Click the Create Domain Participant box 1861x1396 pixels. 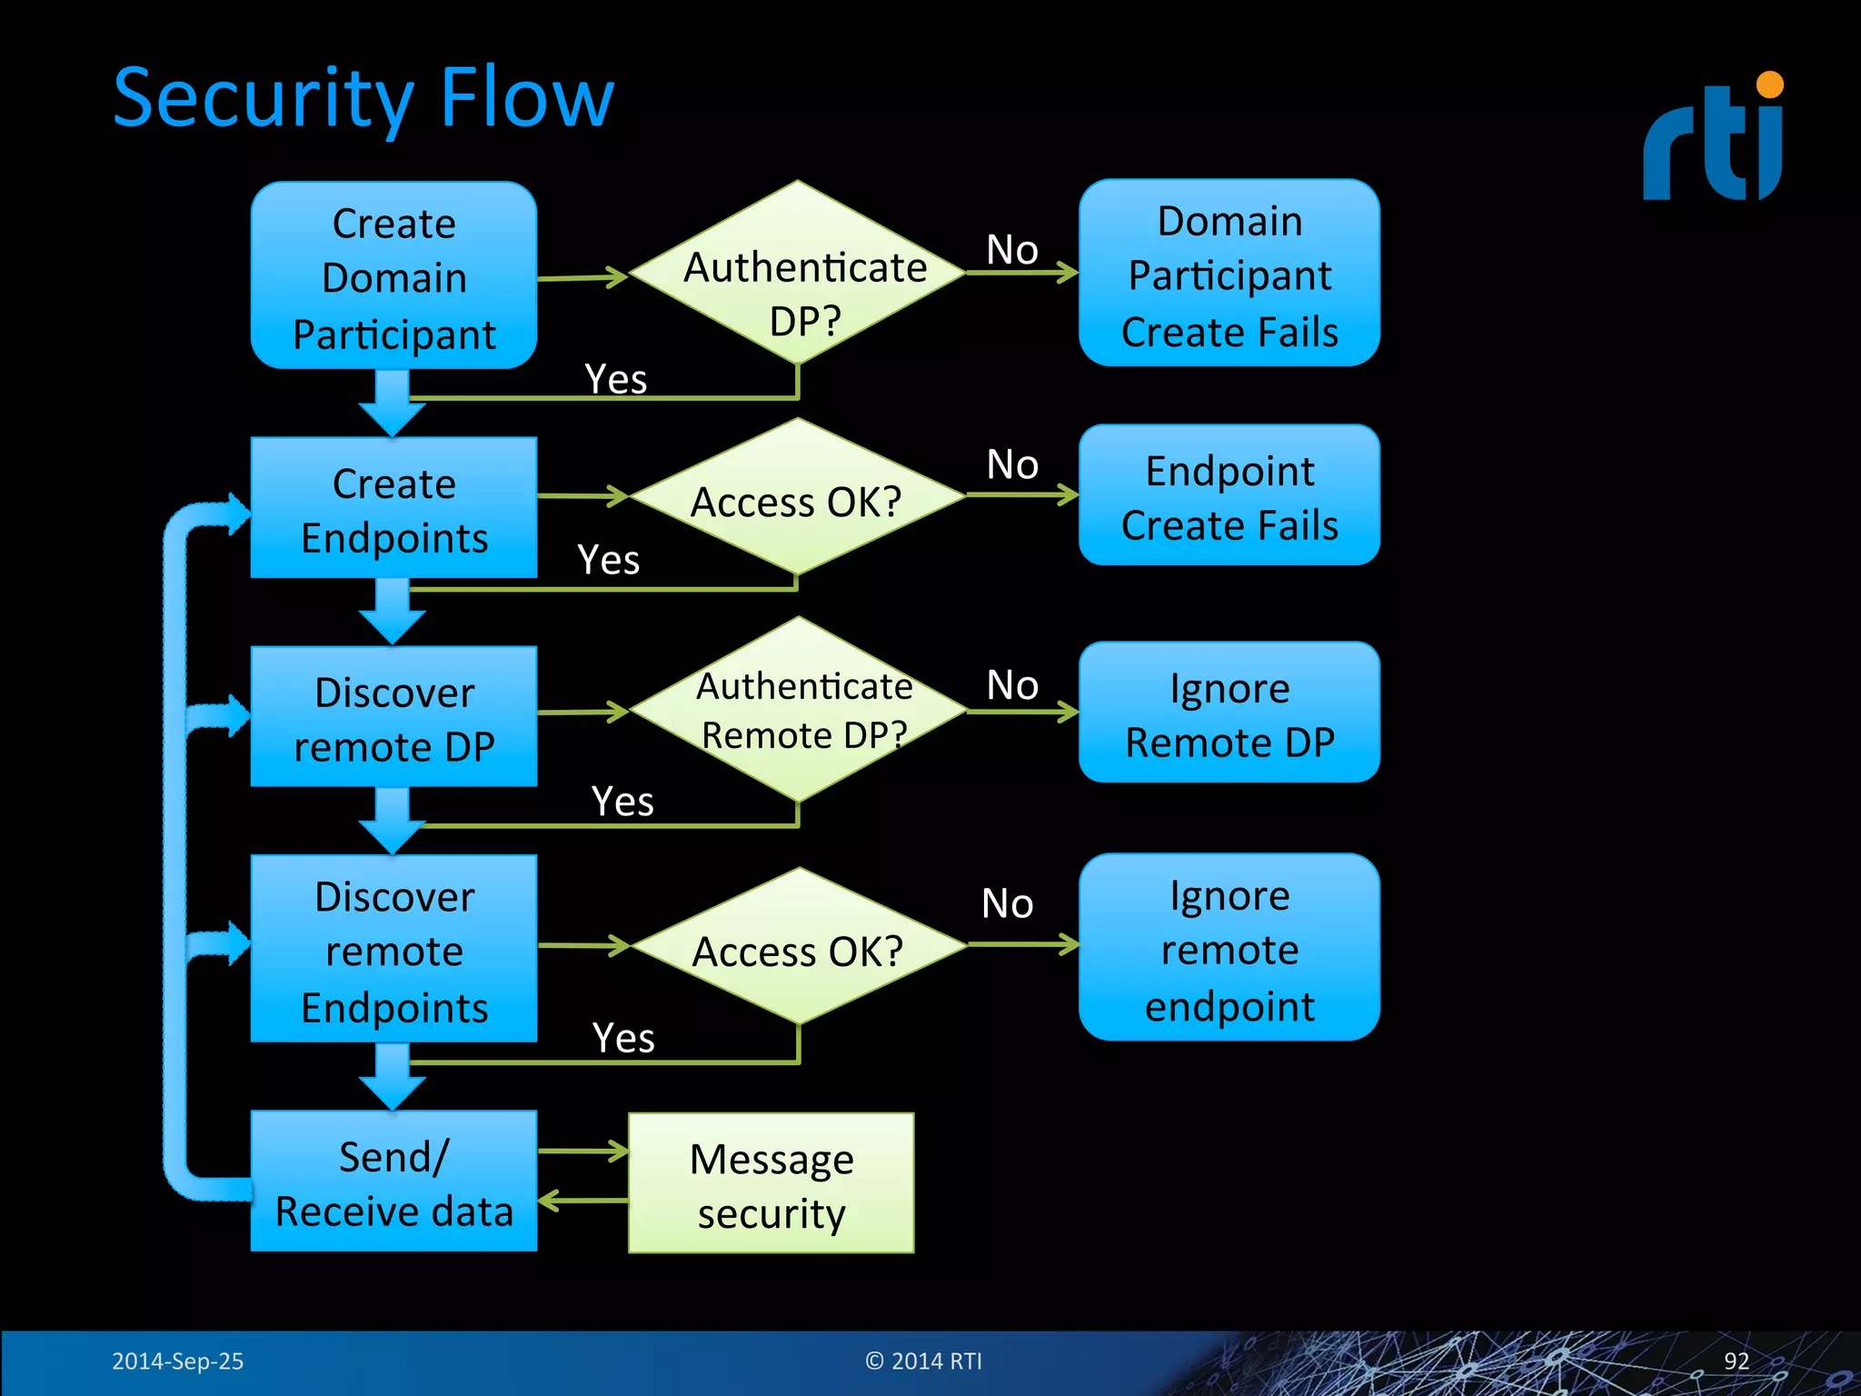(393, 275)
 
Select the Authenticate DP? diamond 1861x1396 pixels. (798, 273)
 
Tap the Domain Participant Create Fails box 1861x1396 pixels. (1229, 274)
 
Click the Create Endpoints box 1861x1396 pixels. (393, 508)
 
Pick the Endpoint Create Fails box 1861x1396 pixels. (1229, 495)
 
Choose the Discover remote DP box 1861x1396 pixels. (393, 717)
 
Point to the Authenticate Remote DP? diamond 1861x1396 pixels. (798, 710)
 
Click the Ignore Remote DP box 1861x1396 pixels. (1229, 713)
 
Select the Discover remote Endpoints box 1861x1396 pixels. (393, 949)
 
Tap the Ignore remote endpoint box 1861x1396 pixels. (1229, 947)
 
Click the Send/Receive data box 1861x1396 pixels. (393, 1182)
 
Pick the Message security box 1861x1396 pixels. (771, 1183)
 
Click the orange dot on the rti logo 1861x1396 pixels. (1769, 85)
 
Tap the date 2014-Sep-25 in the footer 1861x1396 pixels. (177, 1361)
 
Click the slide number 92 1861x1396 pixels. (1736, 1361)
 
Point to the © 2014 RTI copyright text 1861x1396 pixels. (923, 1361)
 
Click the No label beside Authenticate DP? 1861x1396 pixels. (1011, 249)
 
